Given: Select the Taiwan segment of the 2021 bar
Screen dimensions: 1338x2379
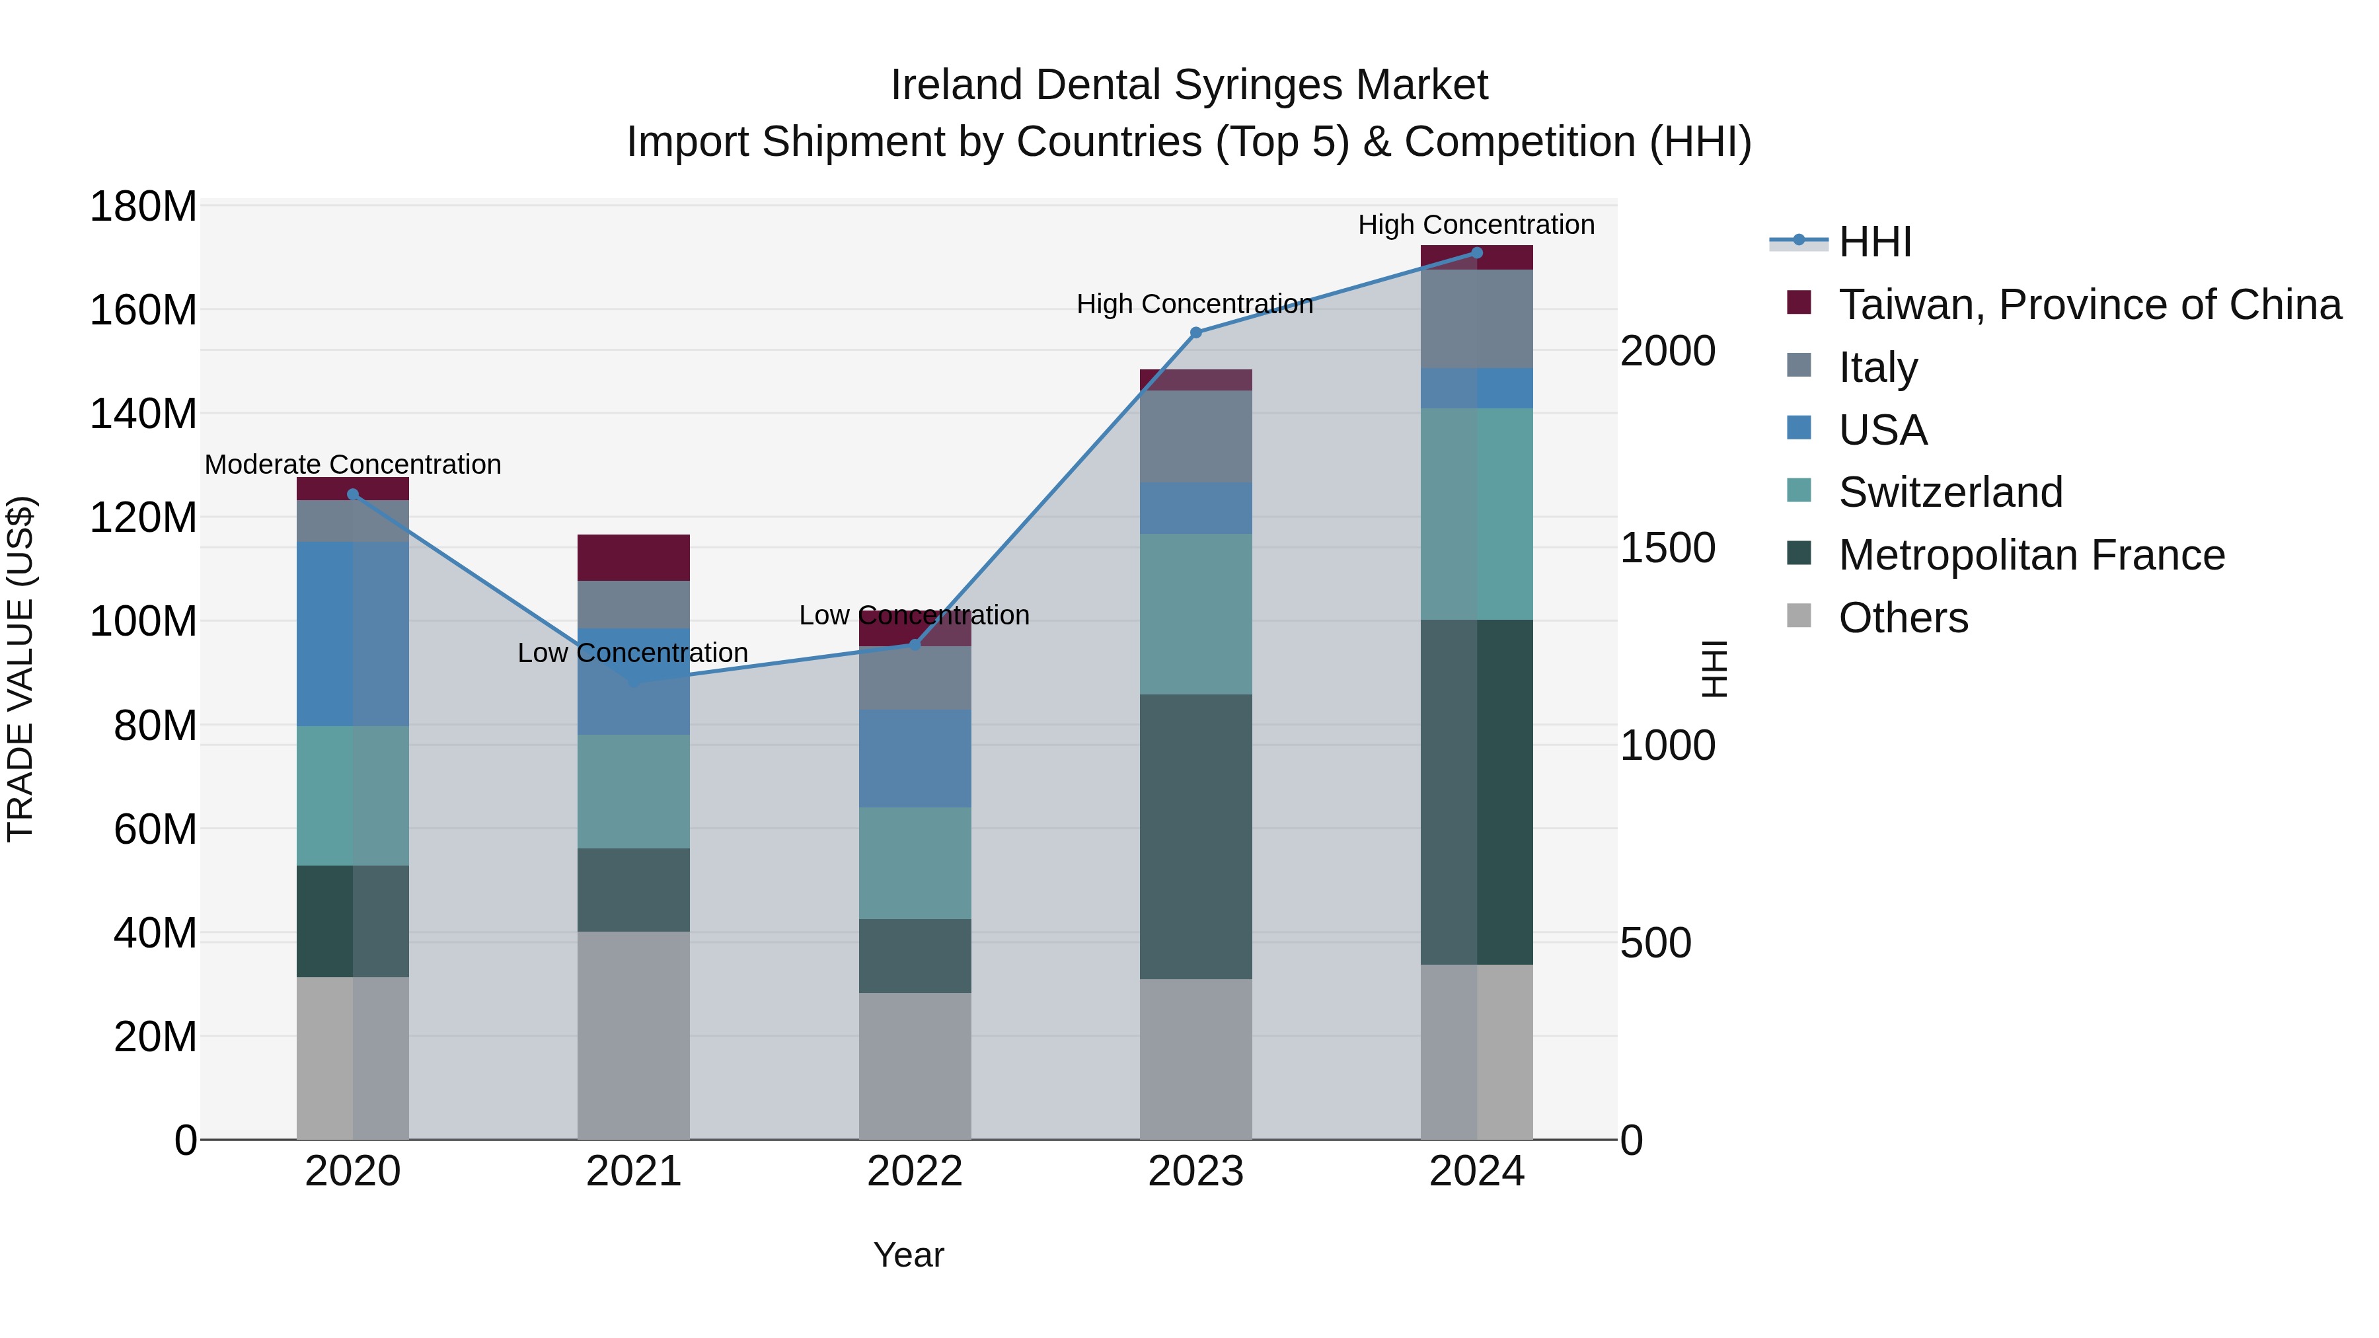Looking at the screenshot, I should click(634, 557).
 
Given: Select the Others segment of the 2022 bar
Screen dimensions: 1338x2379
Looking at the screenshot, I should click(915, 1066).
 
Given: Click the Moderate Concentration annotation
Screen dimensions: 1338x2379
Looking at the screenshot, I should click(353, 465).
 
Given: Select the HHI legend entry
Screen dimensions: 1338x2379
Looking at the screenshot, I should click(1874, 242).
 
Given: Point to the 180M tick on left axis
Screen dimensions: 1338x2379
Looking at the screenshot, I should click(143, 207).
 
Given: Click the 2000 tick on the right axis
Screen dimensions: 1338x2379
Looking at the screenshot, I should click(1668, 351).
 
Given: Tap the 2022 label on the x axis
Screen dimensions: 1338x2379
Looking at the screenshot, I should click(915, 1171).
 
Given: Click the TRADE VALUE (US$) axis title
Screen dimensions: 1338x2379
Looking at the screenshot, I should click(20, 669).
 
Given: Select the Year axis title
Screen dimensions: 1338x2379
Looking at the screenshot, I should click(909, 1255).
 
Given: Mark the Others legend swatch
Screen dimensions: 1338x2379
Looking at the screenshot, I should click(1798, 616).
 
